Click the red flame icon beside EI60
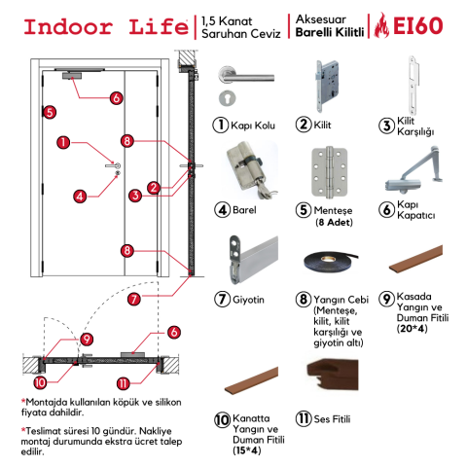click(381, 25)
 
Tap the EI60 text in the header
click(418, 25)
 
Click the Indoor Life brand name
click(106, 27)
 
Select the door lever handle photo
click(246, 86)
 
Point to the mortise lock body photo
click(328, 86)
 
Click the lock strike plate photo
click(413, 85)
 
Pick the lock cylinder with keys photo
click(251, 170)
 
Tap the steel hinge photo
click(329, 171)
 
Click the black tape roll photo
click(331, 261)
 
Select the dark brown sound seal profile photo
click(333, 375)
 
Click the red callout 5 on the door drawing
click(50, 113)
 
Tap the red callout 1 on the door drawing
click(63, 142)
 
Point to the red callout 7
click(134, 299)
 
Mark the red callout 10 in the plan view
click(40, 382)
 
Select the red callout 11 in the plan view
click(124, 384)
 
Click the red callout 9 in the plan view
click(87, 340)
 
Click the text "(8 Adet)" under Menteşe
click(334, 223)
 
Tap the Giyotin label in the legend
click(248, 300)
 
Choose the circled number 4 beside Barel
click(222, 210)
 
